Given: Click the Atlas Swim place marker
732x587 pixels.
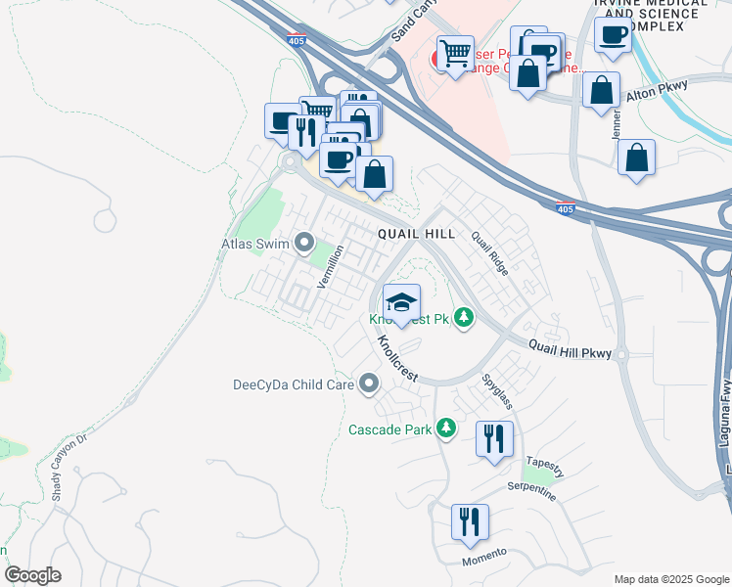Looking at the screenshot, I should point(304,241).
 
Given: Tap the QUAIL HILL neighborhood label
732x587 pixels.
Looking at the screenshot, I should point(417,235).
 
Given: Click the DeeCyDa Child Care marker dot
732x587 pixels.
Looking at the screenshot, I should point(369,384).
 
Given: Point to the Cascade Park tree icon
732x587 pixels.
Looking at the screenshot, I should point(446,429).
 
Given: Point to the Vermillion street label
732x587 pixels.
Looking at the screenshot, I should point(331,265).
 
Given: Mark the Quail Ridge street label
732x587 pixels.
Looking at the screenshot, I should point(489,252).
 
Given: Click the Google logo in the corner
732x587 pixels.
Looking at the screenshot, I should point(32,575).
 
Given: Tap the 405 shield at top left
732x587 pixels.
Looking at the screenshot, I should point(296,40).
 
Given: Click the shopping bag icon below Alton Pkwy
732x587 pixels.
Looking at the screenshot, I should point(636,158).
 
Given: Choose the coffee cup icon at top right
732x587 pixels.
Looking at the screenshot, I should point(613,36).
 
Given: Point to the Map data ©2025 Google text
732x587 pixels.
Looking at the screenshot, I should point(670,579).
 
